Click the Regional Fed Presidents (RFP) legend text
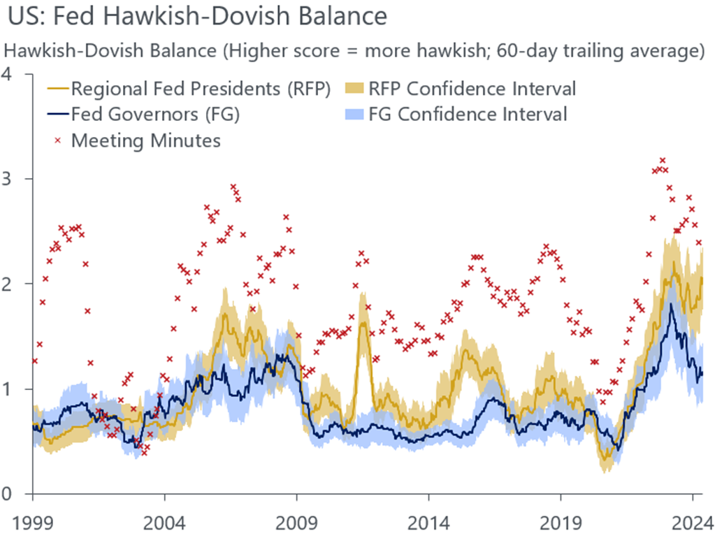(x=201, y=89)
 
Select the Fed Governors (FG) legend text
(x=155, y=115)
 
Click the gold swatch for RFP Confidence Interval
(x=355, y=89)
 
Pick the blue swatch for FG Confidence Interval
(x=355, y=115)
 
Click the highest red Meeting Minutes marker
(x=663, y=160)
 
